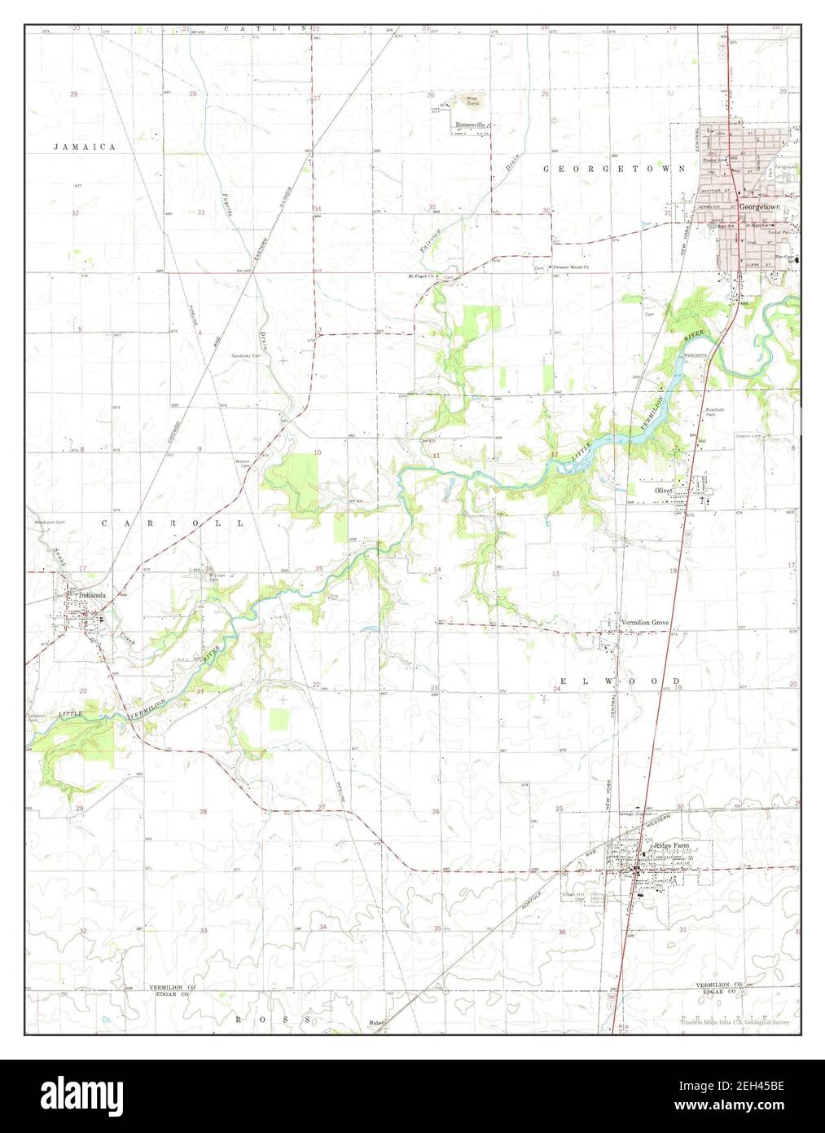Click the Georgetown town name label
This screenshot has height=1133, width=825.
tap(759, 208)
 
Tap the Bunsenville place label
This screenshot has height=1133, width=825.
tap(470, 125)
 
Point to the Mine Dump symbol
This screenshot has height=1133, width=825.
tap(472, 101)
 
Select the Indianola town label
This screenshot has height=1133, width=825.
tap(89, 596)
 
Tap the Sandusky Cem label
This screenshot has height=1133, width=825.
tap(245, 356)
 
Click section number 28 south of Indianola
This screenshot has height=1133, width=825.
tap(204, 812)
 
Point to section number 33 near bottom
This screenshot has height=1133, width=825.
tap(204, 930)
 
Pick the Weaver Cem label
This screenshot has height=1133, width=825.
tap(242, 461)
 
